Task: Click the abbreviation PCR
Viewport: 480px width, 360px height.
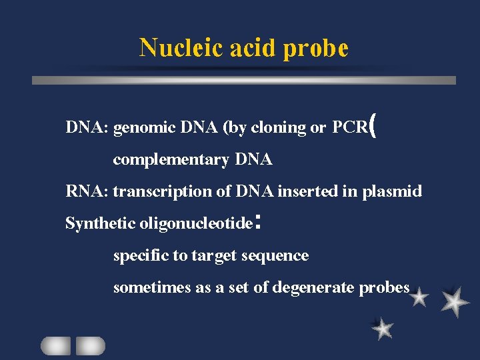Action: point(349,127)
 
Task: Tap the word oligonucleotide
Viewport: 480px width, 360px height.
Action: point(196,224)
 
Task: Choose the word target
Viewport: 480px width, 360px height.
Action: point(214,256)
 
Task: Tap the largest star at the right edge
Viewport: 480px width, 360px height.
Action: point(455,301)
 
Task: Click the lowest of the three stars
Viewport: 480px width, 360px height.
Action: point(382,327)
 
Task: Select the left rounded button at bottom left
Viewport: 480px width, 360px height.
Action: point(55,345)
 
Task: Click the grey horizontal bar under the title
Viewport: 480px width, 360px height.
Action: point(244,80)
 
